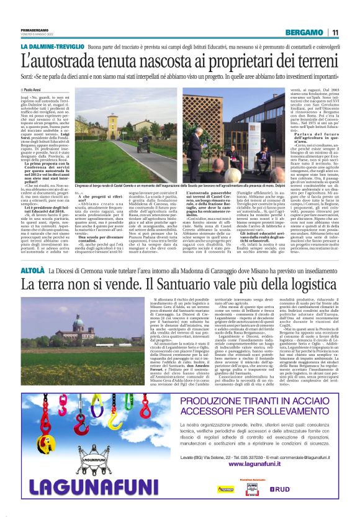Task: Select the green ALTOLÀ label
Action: [31, 271]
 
